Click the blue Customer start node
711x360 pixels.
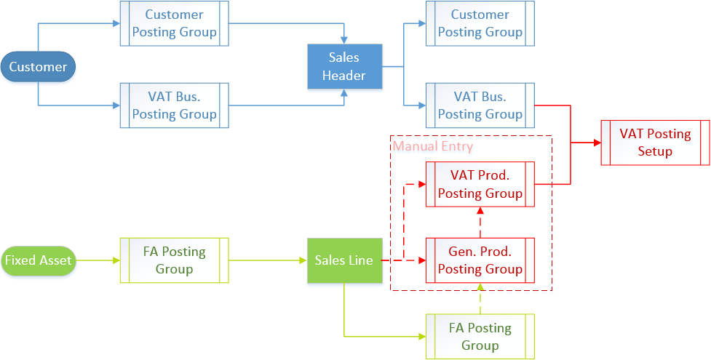[38, 67]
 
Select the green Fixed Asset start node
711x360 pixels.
[38, 260]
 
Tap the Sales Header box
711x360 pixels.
[344, 67]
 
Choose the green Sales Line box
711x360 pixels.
[344, 260]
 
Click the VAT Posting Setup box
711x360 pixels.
[655, 143]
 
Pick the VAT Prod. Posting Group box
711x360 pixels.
[480, 184]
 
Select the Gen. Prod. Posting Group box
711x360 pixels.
[480, 260]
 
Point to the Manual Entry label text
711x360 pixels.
[433, 146]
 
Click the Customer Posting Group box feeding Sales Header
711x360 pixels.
[174, 23]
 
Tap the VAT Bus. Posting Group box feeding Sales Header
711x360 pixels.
[174, 105]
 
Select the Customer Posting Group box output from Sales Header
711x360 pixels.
[480, 23]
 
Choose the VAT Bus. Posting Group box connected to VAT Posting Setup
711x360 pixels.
[480, 105]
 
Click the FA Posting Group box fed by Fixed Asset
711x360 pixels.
[174, 260]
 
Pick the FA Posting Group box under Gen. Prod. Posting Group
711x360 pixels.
[480, 336]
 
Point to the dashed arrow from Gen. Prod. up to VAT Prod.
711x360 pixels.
[480, 223]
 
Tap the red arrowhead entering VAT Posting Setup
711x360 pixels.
[596, 143]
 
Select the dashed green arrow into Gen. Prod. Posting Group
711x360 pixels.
[480, 299]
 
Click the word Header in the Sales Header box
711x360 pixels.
[344, 75]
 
